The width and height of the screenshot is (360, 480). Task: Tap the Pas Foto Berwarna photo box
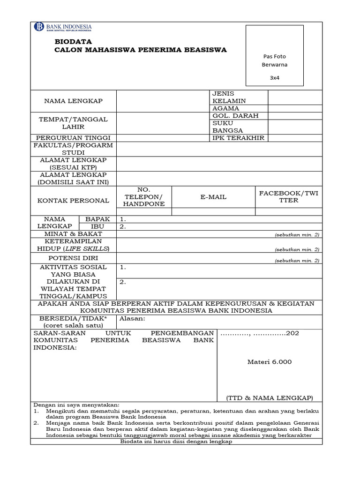click(x=275, y=56)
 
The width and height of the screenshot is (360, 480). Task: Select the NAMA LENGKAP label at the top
click(x=73, y=101)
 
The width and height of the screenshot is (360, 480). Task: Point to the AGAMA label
click(x=225, y=108)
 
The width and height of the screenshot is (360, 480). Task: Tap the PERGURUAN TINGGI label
click(x=74, y=138)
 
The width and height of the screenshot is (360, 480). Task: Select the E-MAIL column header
click(x=213, y=197)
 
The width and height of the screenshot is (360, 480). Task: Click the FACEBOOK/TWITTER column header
click(x=288, y=196)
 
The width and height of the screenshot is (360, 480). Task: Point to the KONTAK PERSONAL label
click(x=73, y=201)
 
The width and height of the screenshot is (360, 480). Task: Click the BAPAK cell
click(x=97, y=219)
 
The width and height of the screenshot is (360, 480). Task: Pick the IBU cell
click(x=97, y=226)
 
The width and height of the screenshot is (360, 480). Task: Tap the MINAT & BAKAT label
click(x=73, y=233)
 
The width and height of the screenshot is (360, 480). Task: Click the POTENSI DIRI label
click(x=73, y=258)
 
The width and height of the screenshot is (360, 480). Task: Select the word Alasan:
click(x=133, y=318)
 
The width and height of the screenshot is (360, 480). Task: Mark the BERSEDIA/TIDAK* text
click(x=73, y=318)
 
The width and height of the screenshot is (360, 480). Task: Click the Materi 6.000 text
click(x=269, y=361)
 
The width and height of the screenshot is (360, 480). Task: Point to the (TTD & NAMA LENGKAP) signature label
click(x=269, y=398)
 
